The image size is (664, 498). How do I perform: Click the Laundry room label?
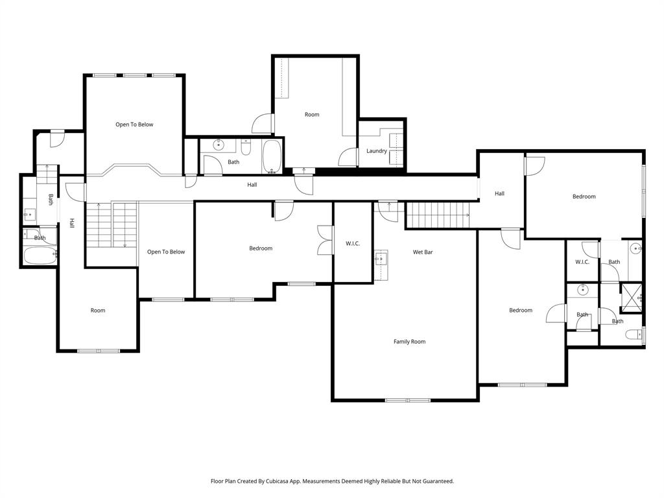point(376,151)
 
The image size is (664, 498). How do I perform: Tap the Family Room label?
point(409,342)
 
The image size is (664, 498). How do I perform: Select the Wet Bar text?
point(423,252)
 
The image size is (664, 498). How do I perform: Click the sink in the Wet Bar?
point(381,258)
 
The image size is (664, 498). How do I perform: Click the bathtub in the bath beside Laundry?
point(272,157)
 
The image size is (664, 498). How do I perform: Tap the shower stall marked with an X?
point(630,297)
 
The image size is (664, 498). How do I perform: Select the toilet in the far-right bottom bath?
point(634,335)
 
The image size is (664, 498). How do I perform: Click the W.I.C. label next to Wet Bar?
point(352,244)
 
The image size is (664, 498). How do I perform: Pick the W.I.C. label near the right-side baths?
point(582,262)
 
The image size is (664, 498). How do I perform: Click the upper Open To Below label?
point(134,124)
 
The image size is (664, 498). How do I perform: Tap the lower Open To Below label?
point(166,252)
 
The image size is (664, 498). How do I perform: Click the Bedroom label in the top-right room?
point(584,196)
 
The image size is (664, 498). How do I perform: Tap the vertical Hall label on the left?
point(72,222)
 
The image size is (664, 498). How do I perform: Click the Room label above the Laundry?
point(312,115)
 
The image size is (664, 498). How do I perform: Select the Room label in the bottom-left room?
point(98,311)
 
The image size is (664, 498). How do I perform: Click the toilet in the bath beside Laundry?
point(246,147)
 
